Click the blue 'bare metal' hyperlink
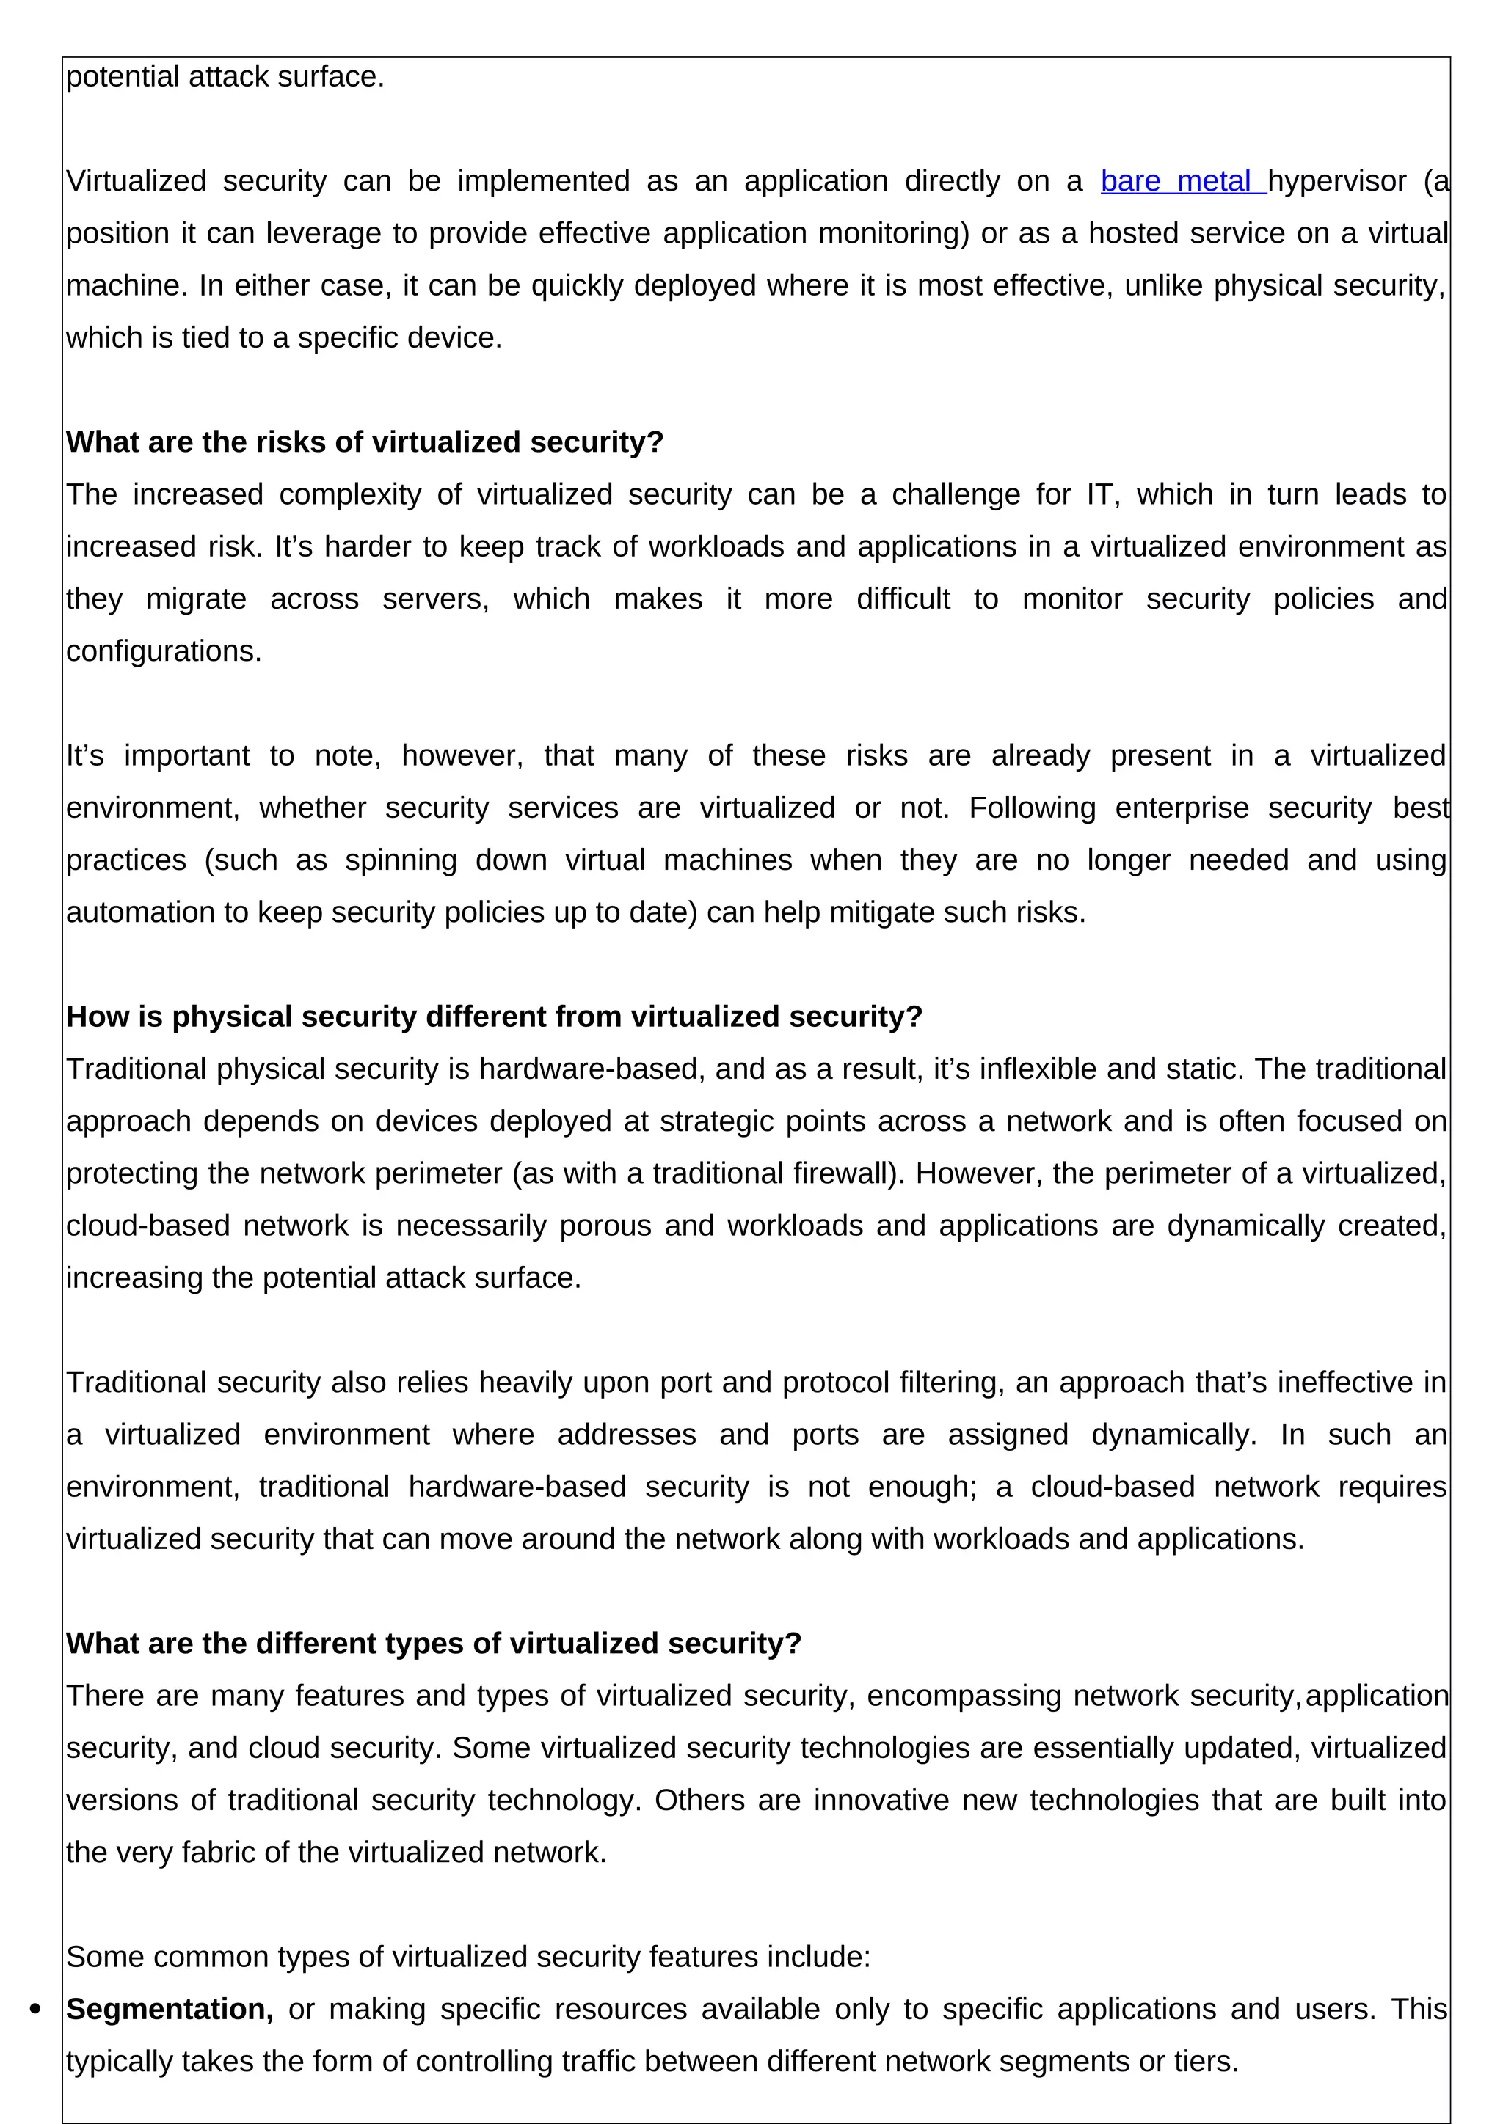(1182, 181)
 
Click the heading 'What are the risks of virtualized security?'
(365, 442)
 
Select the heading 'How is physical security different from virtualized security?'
(494, 1017)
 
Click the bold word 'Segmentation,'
(170, 2010)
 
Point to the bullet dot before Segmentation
(36, 2010)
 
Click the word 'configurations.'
(164, 651)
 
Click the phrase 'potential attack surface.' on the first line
(225, 77)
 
